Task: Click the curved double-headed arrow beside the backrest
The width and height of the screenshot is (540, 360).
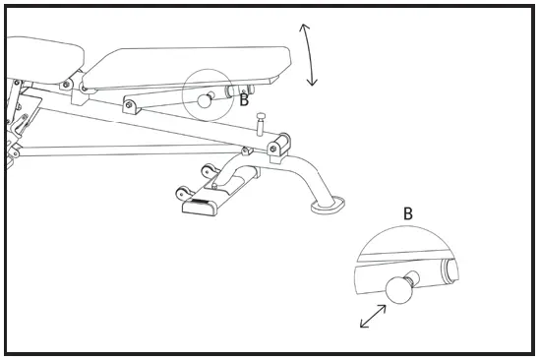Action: tap(310, 56)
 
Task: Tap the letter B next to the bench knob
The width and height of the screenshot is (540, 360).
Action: tap(244, 99)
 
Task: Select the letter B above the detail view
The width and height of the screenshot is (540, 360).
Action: tap(407, 212)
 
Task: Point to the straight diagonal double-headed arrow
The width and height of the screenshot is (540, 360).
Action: tap(373, 317)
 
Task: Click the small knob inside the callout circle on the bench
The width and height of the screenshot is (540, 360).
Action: tap(205, 99)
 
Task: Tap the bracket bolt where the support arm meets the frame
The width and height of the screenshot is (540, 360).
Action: tap(128, 105)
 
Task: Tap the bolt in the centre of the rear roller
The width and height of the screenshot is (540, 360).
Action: tap(284, 140)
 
